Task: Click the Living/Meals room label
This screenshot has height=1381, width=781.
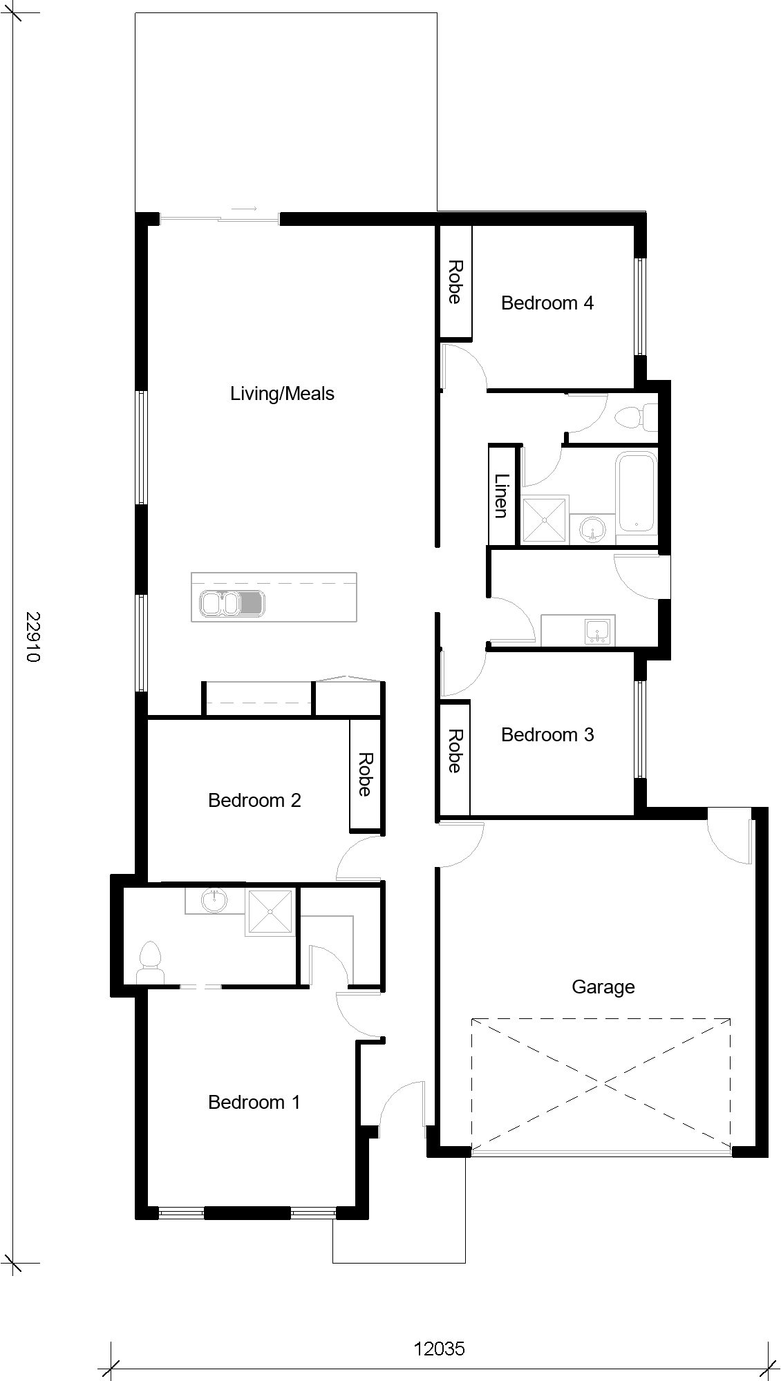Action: click(282, 394)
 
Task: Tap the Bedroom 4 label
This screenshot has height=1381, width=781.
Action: click(547, 303)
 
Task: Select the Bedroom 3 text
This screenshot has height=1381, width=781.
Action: click(547, 734)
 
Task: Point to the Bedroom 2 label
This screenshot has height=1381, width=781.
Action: click(254, 800)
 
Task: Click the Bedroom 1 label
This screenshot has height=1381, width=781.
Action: click(254, 1102)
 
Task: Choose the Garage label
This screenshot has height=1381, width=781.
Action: click(603, 987)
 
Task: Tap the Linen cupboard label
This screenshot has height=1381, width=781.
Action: click(502, 495)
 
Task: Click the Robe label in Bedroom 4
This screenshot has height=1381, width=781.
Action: click(455, 282)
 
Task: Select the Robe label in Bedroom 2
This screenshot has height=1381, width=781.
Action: click(365, 774)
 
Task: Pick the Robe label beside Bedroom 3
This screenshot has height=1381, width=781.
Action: click(455, 751)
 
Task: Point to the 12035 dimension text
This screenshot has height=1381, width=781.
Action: click(440, 1349)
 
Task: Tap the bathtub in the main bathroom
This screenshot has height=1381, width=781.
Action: click(637, 492)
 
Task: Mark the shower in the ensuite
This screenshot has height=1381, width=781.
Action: click(270, 913)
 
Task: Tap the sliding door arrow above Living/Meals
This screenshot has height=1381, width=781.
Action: click(244, 209)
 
